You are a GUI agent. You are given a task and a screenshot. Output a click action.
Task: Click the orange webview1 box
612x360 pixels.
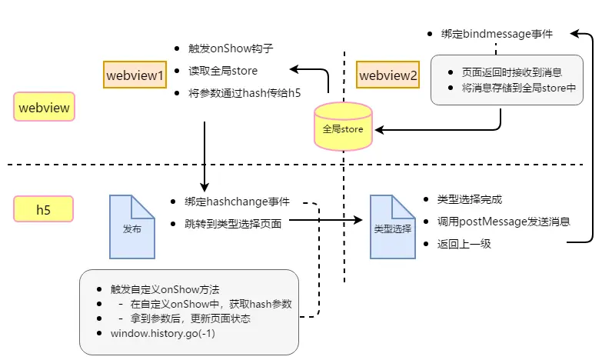click(x=135, y=75)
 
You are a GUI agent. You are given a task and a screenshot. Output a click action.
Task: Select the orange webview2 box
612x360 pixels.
click(x=388, y=75)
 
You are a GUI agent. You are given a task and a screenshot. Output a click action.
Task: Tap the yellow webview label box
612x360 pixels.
click(x=44, y=107)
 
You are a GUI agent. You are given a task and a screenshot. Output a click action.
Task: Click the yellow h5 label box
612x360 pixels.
click(x=44, y=209)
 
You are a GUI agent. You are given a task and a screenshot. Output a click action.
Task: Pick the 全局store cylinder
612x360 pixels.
click(x=343, y=126)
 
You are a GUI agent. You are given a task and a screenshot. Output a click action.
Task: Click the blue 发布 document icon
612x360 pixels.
click(x=132, y=227)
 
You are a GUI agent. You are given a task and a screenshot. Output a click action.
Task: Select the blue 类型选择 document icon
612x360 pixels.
click(x=393, y=227)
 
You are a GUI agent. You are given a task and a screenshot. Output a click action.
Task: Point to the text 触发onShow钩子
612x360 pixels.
click(x=231, y=48)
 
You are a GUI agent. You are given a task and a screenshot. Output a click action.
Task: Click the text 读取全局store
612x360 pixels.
click(x=223, y=71)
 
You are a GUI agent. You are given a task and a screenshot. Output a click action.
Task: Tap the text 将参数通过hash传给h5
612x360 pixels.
click(x=244, y=93)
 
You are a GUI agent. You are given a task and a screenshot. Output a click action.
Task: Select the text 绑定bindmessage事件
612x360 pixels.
click(x=497, y=34)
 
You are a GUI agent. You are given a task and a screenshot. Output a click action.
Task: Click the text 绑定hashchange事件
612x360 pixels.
click(x=237, y=202)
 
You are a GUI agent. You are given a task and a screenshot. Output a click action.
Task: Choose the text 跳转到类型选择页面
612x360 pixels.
click(x=233, y=224)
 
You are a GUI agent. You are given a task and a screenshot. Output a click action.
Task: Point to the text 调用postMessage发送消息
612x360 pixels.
click(x=504, y=222)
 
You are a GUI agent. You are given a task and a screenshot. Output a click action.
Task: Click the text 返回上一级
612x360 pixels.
click(x=464, y=244)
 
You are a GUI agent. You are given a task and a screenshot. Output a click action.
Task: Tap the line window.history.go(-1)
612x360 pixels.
click(x=163, y=333)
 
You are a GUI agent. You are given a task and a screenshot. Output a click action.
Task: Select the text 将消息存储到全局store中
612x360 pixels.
click(x=519, y=88)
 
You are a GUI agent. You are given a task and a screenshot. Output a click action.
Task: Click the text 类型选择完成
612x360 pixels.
click(x=470, y=199)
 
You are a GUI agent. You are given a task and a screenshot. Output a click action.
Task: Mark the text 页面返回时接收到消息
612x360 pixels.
click(x=512, y=72)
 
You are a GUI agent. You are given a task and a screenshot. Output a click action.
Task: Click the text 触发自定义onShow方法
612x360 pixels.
click(x=165, y=289)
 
